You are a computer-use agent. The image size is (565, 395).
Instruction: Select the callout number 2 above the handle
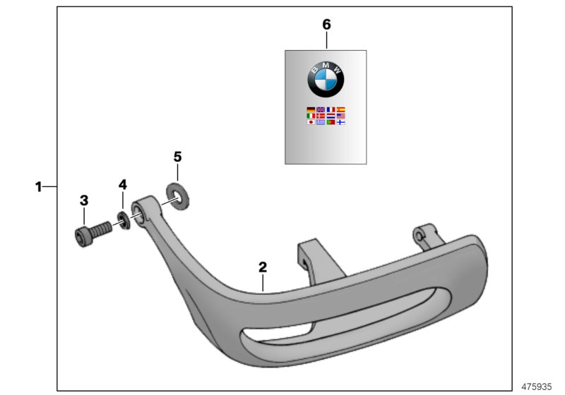point(263,267)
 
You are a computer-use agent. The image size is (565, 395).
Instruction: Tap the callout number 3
point(84,200)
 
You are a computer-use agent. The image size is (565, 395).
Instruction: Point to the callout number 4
point(122,185)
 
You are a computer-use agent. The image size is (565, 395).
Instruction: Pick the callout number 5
point(177,156)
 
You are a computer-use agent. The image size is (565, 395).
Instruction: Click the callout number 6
point(326,25)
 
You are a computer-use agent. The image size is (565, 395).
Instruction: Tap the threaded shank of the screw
point(102,228)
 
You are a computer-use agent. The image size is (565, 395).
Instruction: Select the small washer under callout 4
point(123,220)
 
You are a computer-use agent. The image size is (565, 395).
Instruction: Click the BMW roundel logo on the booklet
point(326,78)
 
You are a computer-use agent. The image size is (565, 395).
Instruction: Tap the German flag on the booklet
point(311,110)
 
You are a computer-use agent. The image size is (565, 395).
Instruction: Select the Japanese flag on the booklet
point(311,122)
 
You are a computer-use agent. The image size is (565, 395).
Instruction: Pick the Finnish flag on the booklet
point(340,122)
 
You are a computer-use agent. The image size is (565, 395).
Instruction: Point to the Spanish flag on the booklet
point(340,110)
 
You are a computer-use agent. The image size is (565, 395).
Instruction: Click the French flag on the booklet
point(331,110)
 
